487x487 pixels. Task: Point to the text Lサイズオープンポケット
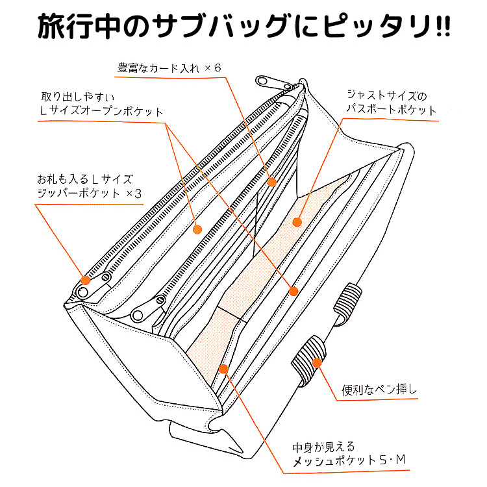101,111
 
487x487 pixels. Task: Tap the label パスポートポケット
392,110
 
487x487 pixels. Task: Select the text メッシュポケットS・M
349,461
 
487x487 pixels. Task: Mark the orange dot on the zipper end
84,281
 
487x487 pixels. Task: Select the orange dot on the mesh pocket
223,369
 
